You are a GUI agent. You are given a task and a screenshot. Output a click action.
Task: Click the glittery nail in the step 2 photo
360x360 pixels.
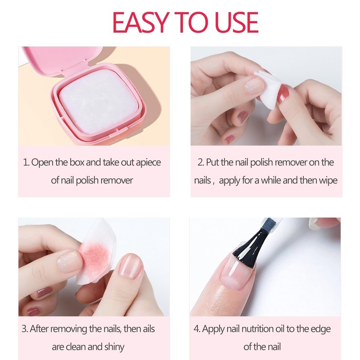click(x=254, y=85)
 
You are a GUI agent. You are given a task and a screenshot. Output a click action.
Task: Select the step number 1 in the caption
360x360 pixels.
click(x=26, y=162)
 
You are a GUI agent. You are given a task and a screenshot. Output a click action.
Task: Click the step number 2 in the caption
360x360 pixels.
click(x=201, y=162)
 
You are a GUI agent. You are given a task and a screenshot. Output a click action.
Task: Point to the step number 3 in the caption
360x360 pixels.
click(x=25, y=329)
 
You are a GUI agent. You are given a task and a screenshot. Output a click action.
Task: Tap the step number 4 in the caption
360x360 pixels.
click(x=197, y=329)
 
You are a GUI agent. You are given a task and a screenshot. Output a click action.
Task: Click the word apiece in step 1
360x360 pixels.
click(x=148, y=163)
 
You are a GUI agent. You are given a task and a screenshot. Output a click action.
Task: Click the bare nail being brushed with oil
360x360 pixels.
click(x=234, y=273)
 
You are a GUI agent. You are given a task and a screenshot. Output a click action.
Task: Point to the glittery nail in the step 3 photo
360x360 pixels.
click(x=69, y=262)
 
